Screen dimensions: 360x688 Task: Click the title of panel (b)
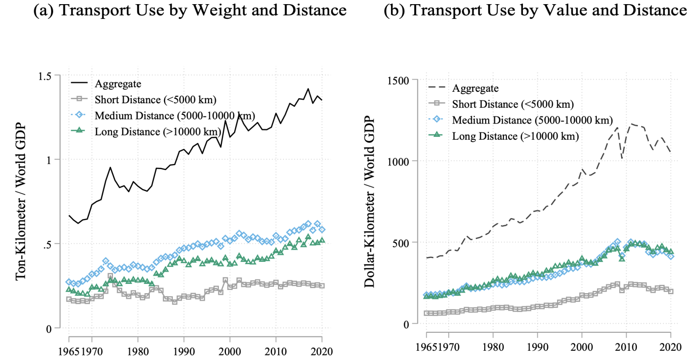[535, 12]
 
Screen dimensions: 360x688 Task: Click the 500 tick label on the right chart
[404, 242]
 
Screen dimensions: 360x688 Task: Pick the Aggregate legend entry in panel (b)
[475, 88]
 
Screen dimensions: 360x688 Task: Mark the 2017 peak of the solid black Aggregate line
[308, 89]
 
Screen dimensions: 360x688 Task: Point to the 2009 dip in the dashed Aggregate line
[622, 159]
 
